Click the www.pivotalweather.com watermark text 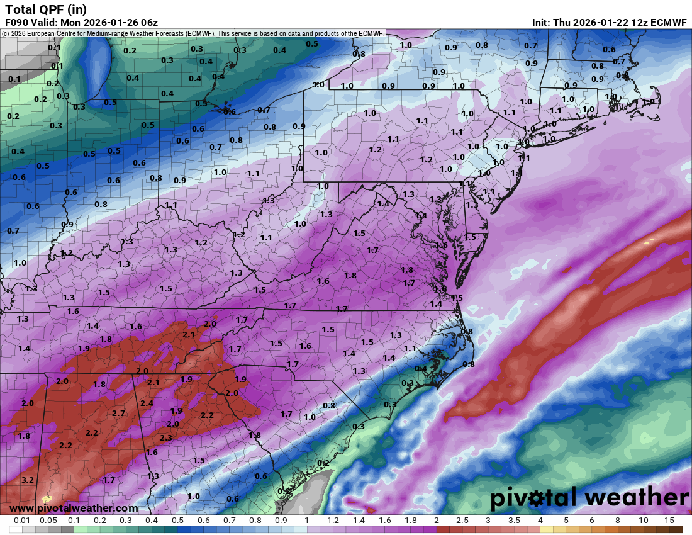(74, 508)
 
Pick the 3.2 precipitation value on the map (27, 480)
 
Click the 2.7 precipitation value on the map (119, 413)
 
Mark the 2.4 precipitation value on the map (147, 403)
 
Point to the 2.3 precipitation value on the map (166, 437)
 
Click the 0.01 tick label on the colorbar (23, 521)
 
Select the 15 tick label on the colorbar (669, 521)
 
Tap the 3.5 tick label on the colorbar (514, 521)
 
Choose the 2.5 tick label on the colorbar (462, 521)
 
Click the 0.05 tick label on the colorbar (48, 521)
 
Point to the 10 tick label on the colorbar (643, 521)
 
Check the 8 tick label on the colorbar (617, 521)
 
